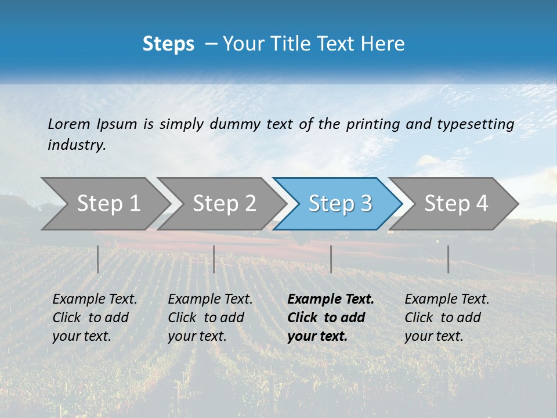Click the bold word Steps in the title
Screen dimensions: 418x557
[168, 44]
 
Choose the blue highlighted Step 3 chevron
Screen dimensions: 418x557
[340, 203]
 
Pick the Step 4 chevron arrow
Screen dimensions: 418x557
[456, 203]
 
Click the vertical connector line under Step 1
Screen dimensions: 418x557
[98, 259]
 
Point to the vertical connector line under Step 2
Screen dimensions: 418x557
[214, 259]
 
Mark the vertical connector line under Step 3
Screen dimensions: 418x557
[331, 259]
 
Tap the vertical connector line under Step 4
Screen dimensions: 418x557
[449, 259]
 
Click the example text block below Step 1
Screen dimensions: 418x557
[95, 318]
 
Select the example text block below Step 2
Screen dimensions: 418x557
[210, 318]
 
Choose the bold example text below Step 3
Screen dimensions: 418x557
[331, 318]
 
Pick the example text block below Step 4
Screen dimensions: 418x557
[447, 318]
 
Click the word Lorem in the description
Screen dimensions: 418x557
[69, 124]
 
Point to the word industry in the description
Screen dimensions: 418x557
[77, 145]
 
